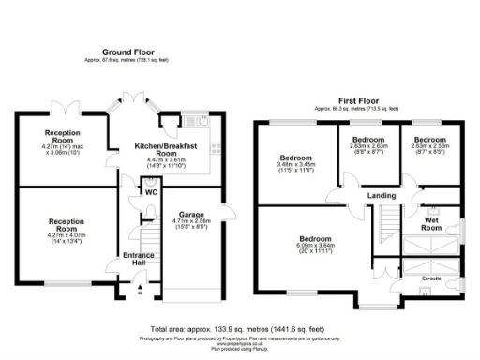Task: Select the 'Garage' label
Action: coord(191,214)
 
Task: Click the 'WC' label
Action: coord(150,192)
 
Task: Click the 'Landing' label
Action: coord(380,196)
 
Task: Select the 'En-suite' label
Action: coord(431,278)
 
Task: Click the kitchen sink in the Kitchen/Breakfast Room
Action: coord(198,119)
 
